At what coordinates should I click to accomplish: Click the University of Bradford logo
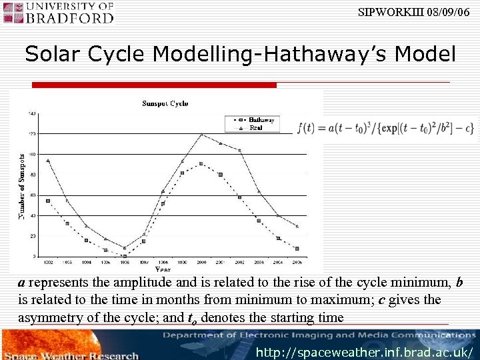click(x=59, y=13)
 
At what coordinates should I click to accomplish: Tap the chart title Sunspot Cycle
click(x=165, y=103)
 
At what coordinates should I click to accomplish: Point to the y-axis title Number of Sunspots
click(x=21, y=186)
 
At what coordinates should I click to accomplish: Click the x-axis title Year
click(x=163, y=269)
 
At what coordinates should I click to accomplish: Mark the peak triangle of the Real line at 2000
click(x=201, y=135)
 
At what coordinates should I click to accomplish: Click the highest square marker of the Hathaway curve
click(x=201, y=163)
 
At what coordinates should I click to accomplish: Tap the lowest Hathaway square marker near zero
click(x=125, y=256)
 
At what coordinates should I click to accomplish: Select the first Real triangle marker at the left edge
click(x=48, y=161)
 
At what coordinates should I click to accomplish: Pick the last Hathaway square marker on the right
click(x=297, y=249)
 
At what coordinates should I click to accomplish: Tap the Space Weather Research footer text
click(x=71, y=354)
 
